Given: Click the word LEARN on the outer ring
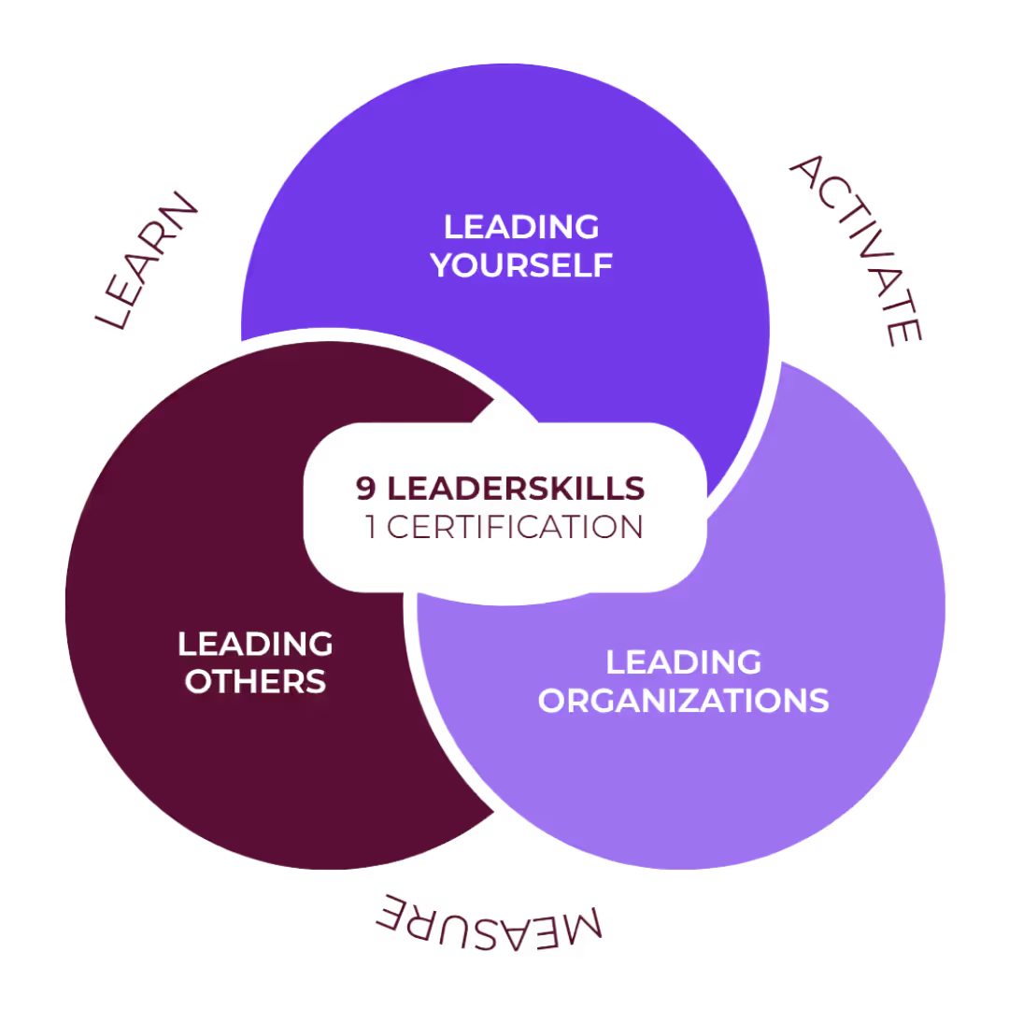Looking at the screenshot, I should coord(148,262).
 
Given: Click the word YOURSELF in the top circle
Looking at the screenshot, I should coord(522,265).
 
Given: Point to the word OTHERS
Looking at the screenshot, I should coord(255,680).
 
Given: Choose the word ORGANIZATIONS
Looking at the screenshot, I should coord(684,700).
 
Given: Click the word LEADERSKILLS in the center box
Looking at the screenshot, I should coord(515,487).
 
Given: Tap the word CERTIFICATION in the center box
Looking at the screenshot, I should coord(516,527).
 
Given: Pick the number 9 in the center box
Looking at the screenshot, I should coord(364,487).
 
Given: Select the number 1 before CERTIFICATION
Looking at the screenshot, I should coord(371,527).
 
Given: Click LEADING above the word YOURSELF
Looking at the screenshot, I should coord(521,227).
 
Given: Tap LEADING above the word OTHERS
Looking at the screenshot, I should coord(255,643).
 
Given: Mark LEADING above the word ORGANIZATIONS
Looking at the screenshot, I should coord(684,662).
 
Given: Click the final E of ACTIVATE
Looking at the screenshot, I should coord(904,332).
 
